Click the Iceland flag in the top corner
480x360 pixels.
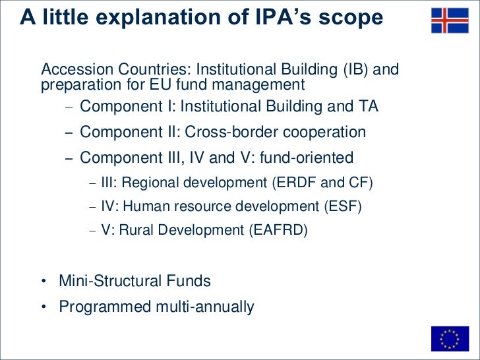(x=450, y=20)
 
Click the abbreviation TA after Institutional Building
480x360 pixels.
(x=368, y=106)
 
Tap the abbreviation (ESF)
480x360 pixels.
(x=342, y=206)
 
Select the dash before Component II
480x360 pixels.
(x=69, y=133)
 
